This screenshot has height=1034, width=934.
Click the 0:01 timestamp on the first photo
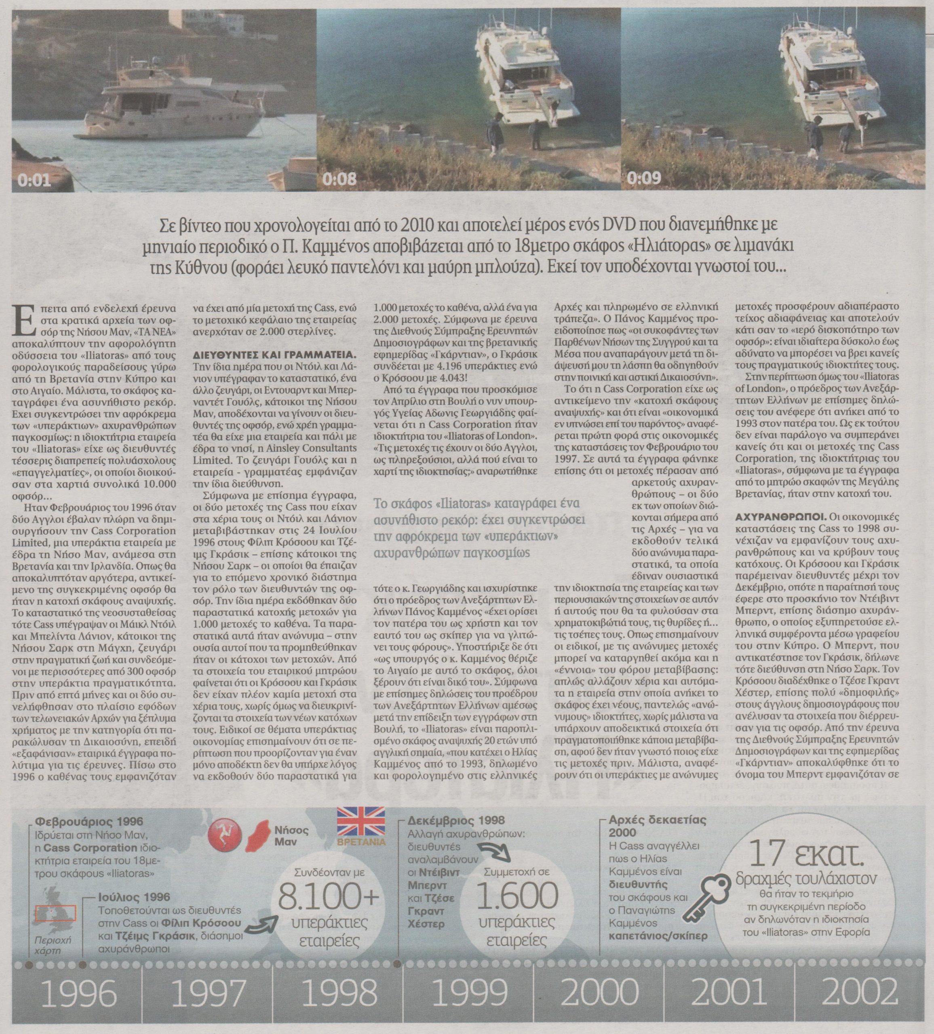[x=34, y=180]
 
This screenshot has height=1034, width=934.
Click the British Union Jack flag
[x=361, y=822]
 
